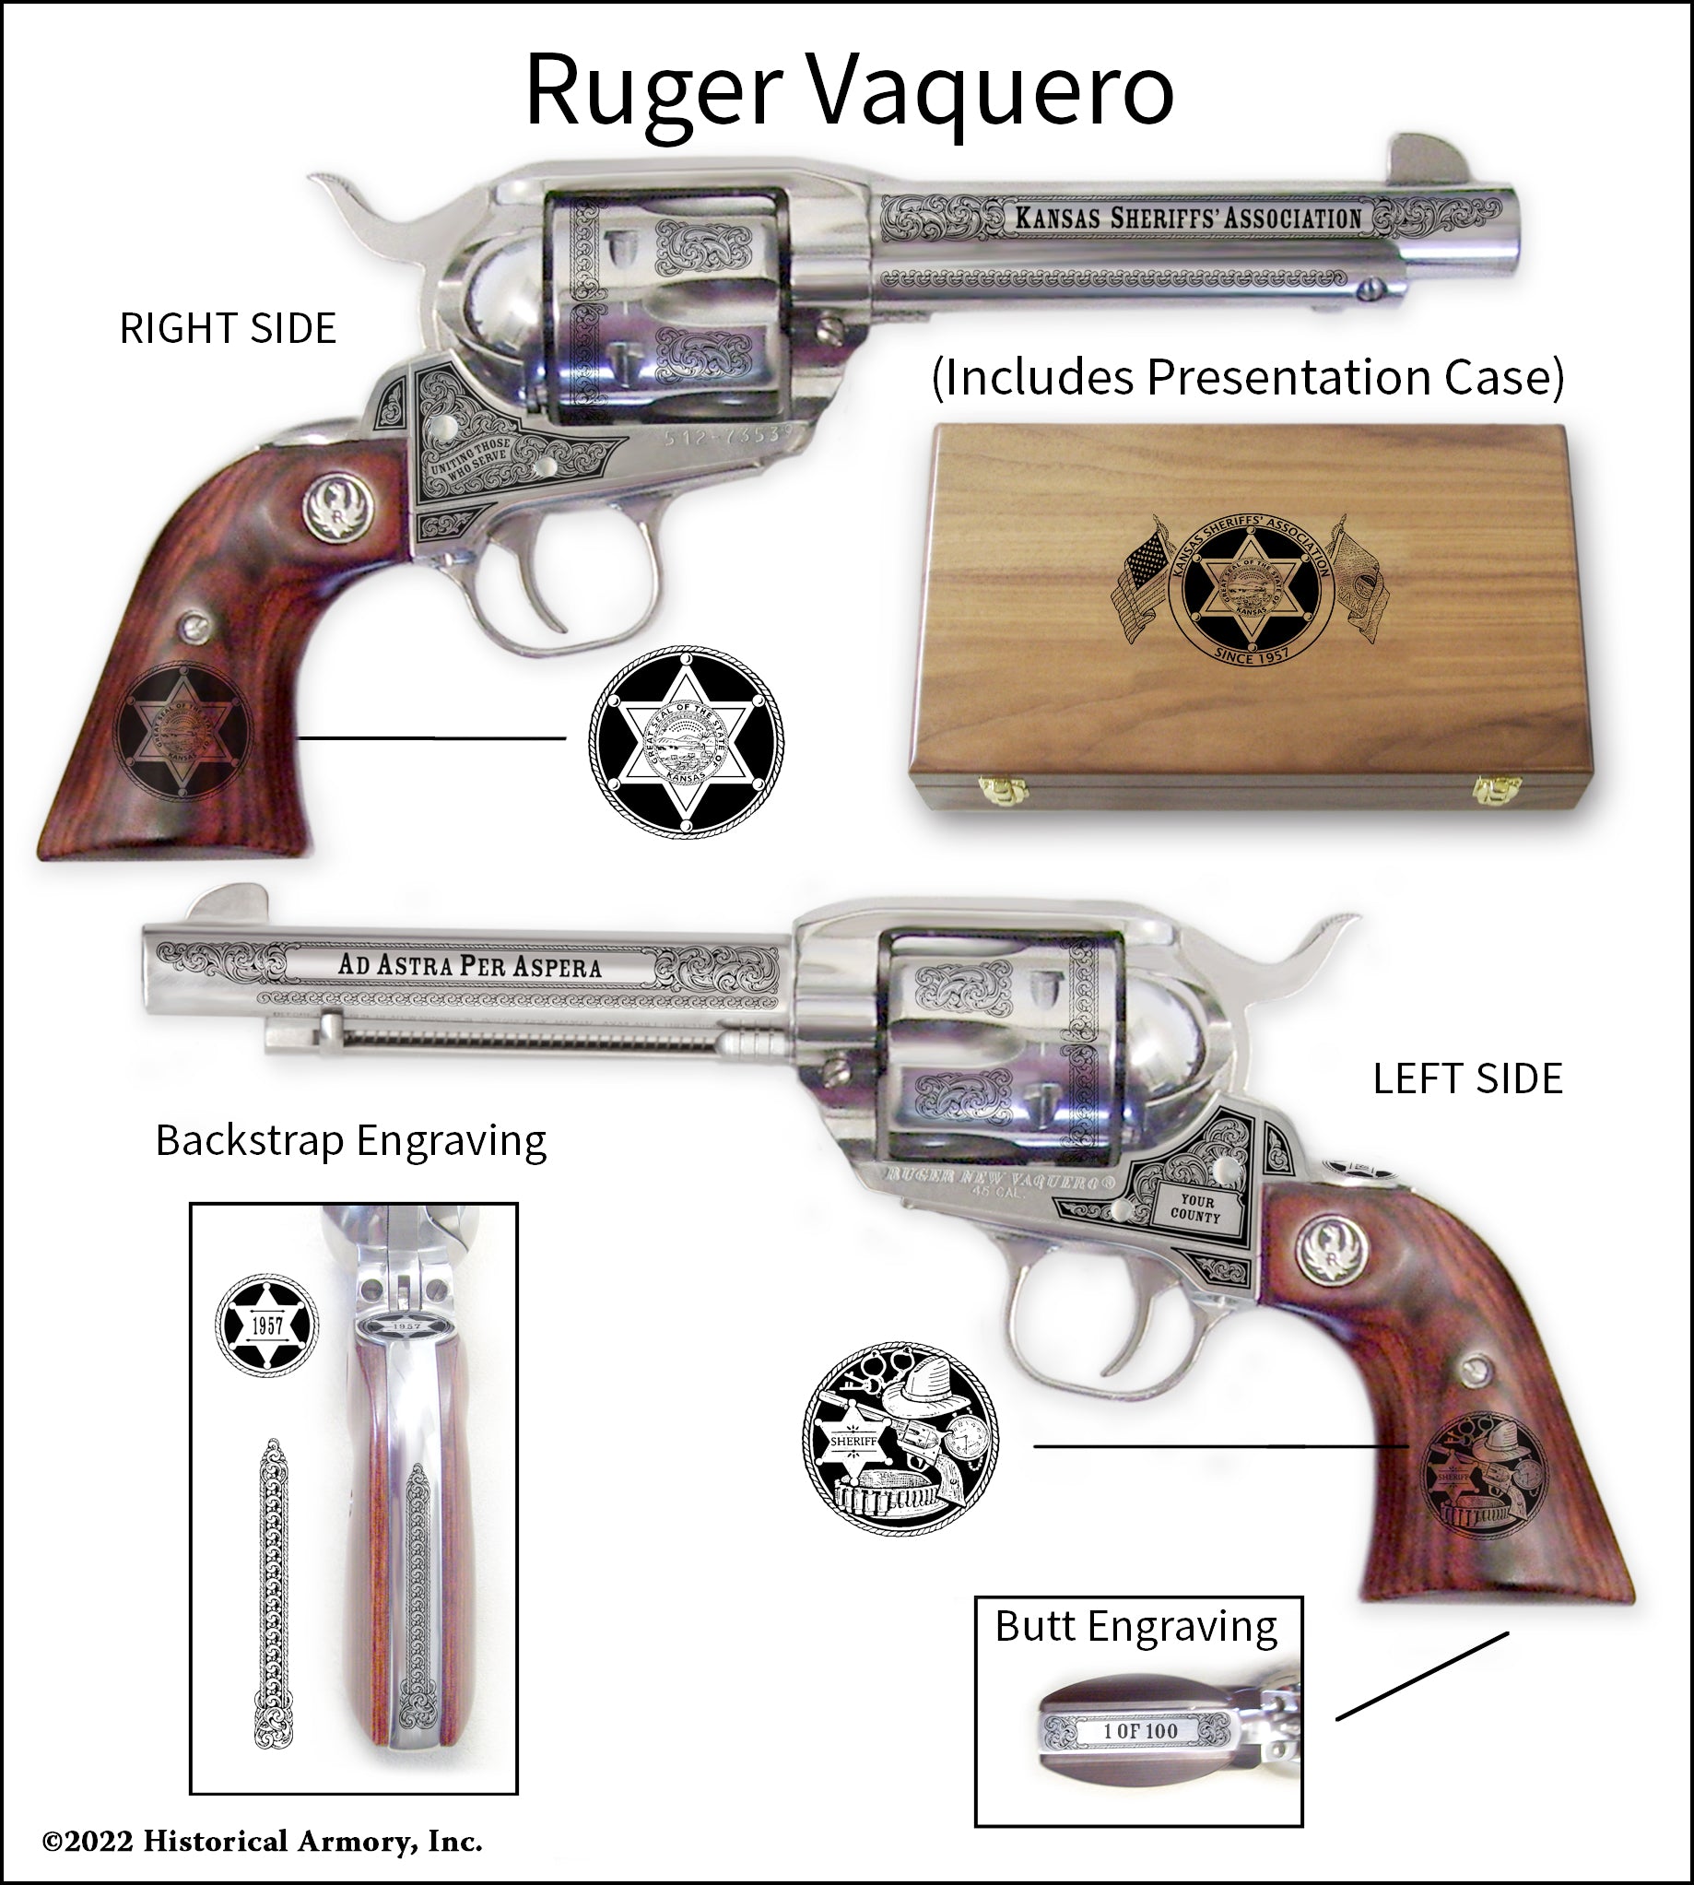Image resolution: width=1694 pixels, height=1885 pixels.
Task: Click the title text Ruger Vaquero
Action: point(849,91)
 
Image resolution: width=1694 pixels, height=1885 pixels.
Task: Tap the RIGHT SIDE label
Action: point(228,328)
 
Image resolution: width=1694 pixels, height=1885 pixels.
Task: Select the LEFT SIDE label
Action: point(1468,1078)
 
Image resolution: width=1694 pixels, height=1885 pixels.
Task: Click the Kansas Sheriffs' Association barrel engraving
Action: point(1188,218)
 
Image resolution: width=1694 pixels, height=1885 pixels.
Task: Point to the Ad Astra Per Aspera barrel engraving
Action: point(469,965)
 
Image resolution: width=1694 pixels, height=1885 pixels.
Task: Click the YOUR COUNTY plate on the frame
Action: point(1196,1208)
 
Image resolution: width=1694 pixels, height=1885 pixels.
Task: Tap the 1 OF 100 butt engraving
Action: point(1140,1730)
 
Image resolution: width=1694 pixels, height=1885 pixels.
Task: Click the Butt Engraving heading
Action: point(1135,1626)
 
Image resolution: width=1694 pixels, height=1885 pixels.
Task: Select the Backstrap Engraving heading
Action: point(351,1140)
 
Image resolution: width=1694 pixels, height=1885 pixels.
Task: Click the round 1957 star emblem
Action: point(267,1325)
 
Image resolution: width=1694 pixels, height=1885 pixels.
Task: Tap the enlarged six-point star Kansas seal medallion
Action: point(686,742)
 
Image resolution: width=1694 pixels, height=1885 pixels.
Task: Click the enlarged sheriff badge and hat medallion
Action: point(900,1438)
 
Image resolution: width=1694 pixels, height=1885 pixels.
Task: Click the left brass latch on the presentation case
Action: point(1003,790)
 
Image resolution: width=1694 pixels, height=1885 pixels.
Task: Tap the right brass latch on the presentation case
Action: point(1497,790)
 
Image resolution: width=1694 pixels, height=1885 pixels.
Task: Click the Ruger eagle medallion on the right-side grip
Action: point(337,507)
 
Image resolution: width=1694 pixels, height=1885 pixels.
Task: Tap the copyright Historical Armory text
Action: point(263,1842)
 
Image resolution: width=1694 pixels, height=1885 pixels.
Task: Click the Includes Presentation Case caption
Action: point(1247,377)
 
